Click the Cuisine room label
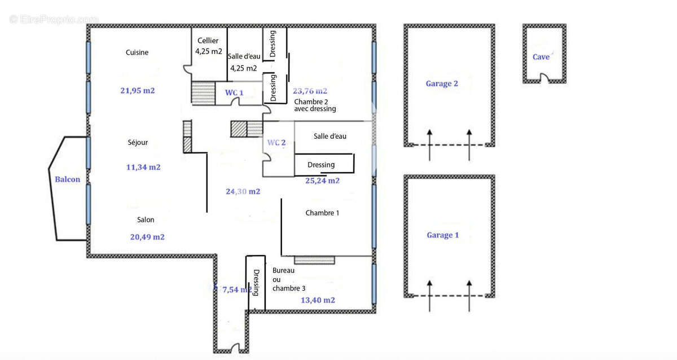(x=137, y=52)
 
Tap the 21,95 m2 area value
(x=138, y=90)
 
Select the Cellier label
(x=208, y=41)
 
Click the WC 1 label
(x=234, y=92)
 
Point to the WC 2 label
(x=276, y=143)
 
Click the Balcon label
(x=67, y=179)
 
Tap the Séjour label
(x=138, y=143)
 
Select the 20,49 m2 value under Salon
(x=147, y=237)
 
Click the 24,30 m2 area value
(x=243, y=191)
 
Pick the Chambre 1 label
(x=322, y=213)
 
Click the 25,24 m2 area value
(x=322, y=181)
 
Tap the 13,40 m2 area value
(x=318, y=300)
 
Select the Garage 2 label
(x=442, y=84)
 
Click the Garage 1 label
(x=442, y=235)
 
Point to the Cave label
(x=541, y=57)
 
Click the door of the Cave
(x=543, y=80)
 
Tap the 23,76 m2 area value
(x=310, y=90)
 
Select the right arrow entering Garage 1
(x=469, y=295)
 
